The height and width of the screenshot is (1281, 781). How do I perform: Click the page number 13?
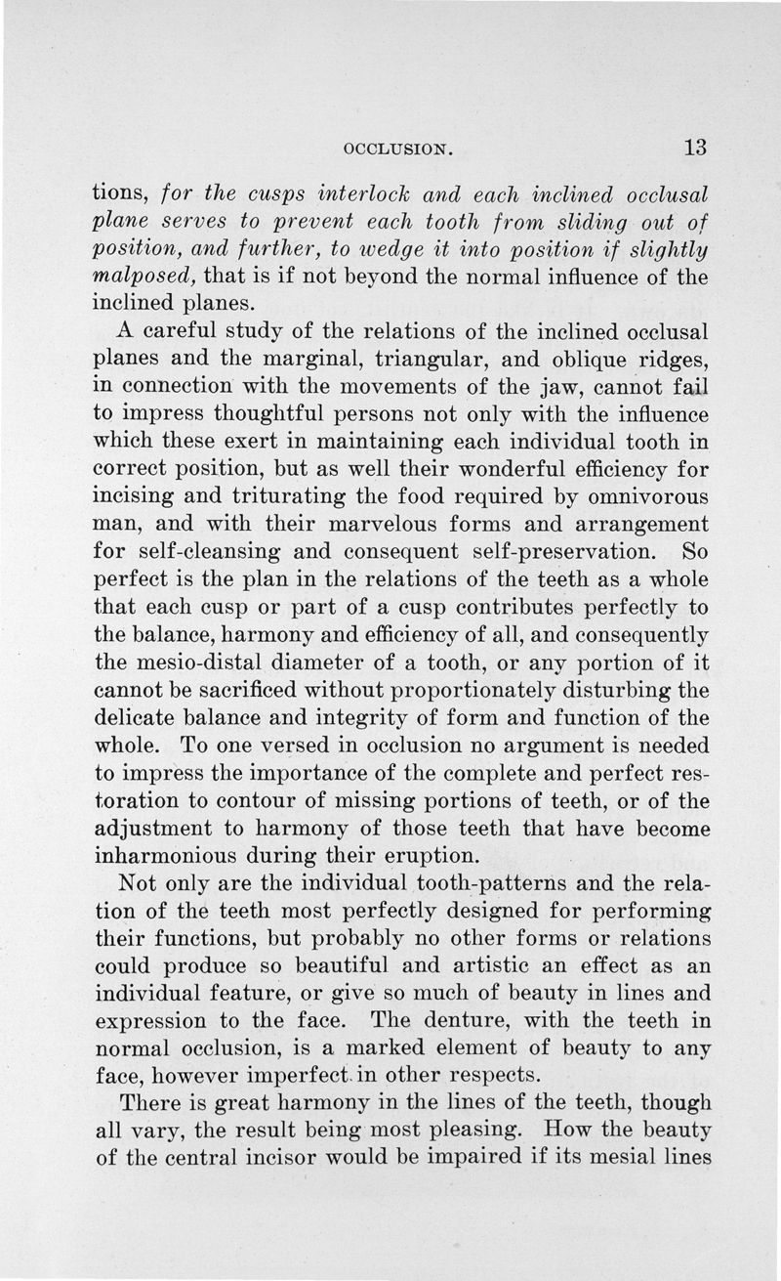[694, 148]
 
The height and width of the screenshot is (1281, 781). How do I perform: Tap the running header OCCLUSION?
[401, 149]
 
